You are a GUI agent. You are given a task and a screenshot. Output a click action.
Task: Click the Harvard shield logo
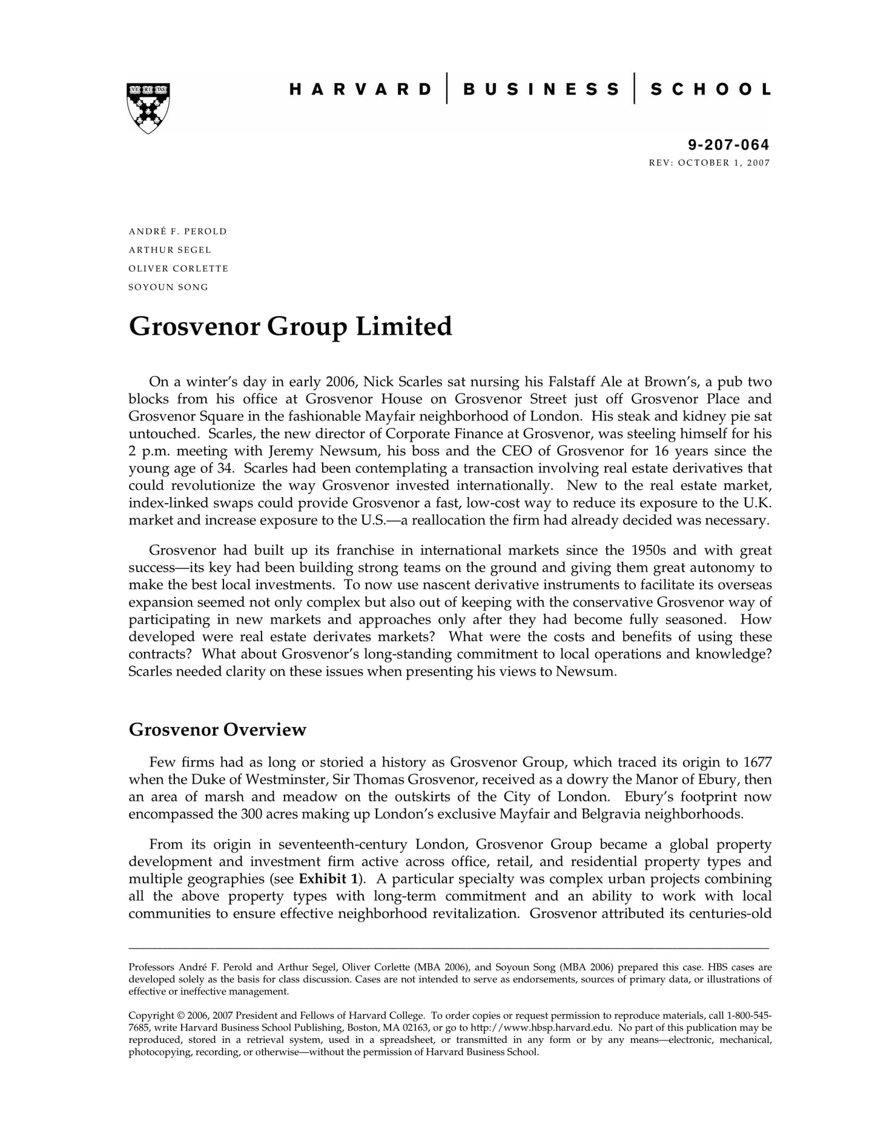[x=148, y=107]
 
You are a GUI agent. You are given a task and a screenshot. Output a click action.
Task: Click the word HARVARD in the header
[x=360, y=90]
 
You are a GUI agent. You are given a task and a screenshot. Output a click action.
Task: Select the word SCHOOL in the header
[x=710, y=90]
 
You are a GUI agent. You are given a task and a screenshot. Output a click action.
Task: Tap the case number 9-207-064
[x=728, y=145]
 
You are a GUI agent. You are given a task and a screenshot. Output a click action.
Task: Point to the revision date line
[x=709, y=163]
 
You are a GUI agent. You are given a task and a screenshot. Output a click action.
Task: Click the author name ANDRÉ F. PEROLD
[x=177, y=231]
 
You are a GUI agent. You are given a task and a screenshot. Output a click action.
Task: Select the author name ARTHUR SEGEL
[x=170, y=250]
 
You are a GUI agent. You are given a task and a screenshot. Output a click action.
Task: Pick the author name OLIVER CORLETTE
[x=178, y=268]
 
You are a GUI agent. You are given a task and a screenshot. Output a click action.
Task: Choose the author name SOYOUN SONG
[x=168, y=287]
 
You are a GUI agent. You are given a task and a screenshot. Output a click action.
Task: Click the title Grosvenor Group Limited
[x=290, y=326]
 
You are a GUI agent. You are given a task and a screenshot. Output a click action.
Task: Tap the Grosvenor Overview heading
[x=217, y=729]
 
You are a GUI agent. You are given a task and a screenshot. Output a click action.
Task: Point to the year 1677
[x=757, y=762]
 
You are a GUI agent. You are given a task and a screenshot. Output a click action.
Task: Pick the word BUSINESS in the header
[x=541, y=90]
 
